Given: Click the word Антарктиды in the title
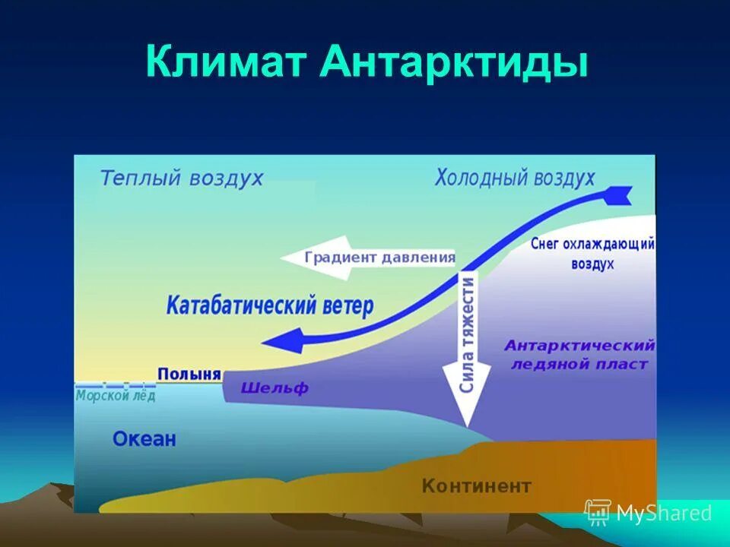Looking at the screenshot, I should (454, 62).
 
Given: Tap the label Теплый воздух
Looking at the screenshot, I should (182, 179).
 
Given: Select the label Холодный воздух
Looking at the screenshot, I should (515, 179).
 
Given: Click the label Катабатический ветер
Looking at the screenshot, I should (270, 306).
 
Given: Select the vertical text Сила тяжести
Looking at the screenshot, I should (467, 334).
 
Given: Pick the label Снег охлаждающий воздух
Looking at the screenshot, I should (592, 254).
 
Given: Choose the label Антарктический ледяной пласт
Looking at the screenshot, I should (579, 355).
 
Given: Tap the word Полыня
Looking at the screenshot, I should (189, 374).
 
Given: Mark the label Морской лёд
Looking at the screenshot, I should (116, 396).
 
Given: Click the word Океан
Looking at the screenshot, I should (144, 438).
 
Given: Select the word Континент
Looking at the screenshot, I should (477, 485).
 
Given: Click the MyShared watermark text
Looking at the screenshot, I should (663, 514).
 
